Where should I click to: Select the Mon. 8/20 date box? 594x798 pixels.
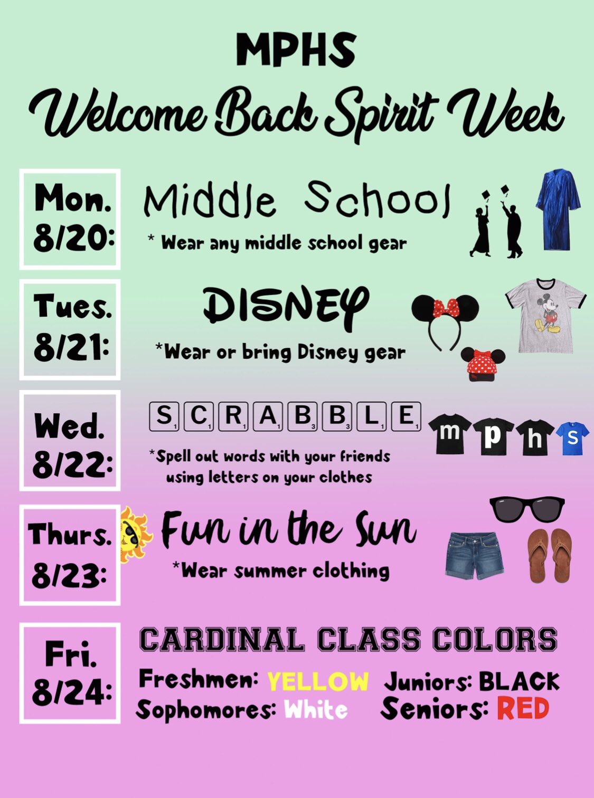click(70, 219)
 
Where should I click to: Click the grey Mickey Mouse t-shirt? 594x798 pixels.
click(545, 315)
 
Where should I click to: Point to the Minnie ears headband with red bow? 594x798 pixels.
click(445, 317)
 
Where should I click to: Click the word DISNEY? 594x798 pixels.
click(285, 307)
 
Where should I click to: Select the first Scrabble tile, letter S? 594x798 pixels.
click(164, 416)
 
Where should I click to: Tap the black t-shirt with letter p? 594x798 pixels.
click(493, 435)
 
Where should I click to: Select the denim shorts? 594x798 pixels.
click(474, 555)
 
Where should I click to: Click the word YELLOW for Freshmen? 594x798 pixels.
click(318, 681)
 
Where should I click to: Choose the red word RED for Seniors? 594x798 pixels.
click(523, 709)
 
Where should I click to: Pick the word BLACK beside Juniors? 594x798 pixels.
click(519, 682)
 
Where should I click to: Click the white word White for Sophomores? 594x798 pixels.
click(316, 710)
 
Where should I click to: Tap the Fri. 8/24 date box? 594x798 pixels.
click(70, 673)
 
